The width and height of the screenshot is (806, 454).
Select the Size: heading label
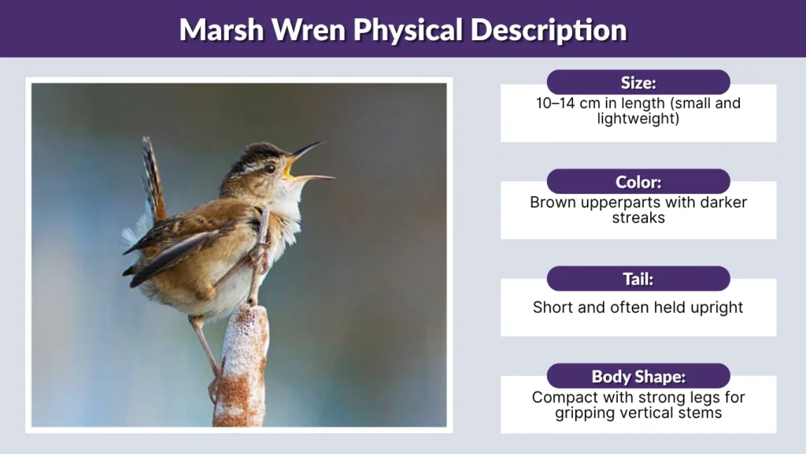point(638,83)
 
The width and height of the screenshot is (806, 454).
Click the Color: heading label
point(638,181)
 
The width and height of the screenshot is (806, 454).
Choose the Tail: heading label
point(638,279)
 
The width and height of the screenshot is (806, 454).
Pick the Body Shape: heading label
point(638,377)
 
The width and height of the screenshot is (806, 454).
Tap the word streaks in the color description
point(638,217)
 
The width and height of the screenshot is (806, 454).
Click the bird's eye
point(270,169)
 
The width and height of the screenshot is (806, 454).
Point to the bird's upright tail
point(153,177)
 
